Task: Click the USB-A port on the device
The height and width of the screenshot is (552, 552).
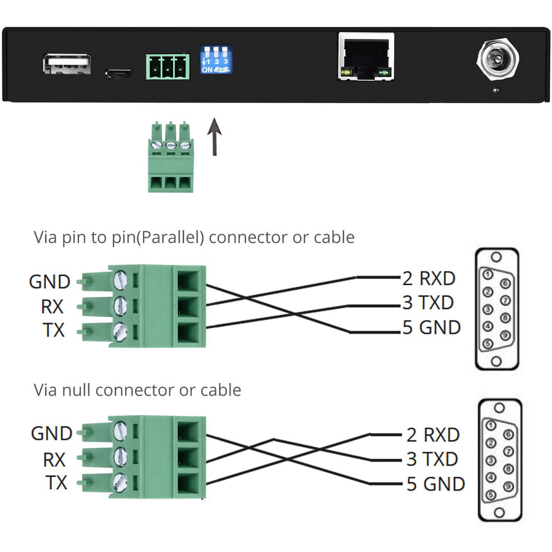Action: click(x=67, y=65)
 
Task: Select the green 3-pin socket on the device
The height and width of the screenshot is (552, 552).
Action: click(x=166, y=66)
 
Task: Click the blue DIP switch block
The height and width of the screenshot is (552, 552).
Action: click(x=217, y=59)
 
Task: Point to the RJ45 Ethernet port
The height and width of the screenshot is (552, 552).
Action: click(x=366, y=57)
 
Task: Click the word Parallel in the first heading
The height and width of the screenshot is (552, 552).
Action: click(x=174, y=237)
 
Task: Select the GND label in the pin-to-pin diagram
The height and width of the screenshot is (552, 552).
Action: click(x=50, y=282)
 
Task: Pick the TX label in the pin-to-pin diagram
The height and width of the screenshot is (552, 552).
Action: click(x=53, y=331)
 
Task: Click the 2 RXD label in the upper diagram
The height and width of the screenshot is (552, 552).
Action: click(x=429, y=278)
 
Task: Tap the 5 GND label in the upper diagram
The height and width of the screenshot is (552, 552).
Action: click(x=431, y=328)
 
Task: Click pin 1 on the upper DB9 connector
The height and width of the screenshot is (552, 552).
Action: click(x=487, y=275)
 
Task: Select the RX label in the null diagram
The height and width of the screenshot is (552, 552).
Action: click(x=54, y=459)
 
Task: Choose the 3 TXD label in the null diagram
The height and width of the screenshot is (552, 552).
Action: click(x=432, y=459)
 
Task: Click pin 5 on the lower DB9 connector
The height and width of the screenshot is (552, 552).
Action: click(x=491, y=495)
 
